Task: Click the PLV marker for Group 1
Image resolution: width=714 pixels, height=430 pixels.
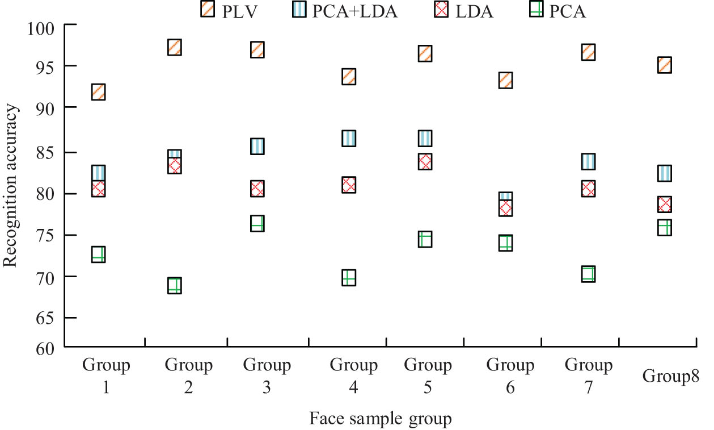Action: click(x=98, y=91)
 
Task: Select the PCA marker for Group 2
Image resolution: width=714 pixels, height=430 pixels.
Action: click(x=175, y=286)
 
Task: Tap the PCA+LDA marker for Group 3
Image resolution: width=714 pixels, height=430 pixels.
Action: click(x=257, y=146)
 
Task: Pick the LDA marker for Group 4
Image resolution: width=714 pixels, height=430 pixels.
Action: click(x=349, y=185)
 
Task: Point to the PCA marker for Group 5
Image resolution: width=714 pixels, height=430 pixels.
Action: click(x=425, y=239)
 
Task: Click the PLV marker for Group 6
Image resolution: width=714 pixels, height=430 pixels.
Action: click(x=506, y=80)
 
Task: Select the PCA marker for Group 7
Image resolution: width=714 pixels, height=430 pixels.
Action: click(x=588, y=274)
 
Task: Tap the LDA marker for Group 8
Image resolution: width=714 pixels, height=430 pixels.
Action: click(x=665, y=204)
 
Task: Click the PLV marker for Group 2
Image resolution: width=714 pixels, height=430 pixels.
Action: click(x=175, y=47)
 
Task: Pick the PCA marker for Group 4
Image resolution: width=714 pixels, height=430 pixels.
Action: click(x=349, y=278)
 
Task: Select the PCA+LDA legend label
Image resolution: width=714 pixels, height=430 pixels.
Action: click(x=355, y=11)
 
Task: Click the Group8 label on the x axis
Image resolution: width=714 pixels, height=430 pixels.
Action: click(x=670, y=375)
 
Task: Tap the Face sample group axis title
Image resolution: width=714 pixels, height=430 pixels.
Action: click(x=381, y=419)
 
